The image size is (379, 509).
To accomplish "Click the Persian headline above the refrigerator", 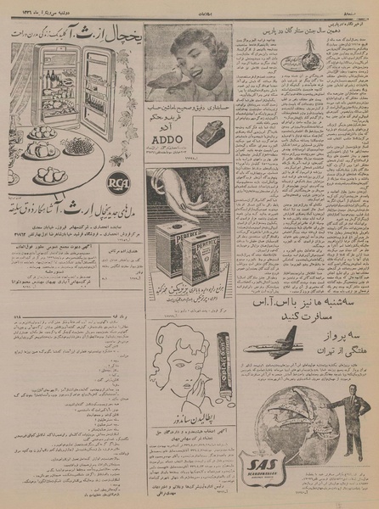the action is (76, 31).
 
